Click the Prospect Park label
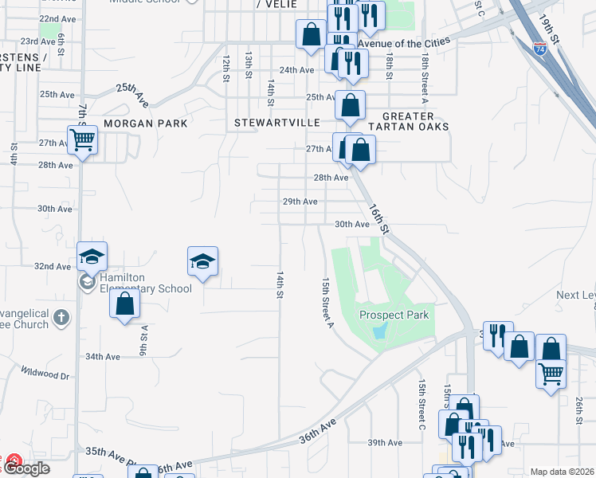(394, 315)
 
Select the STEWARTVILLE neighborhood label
(276, 123)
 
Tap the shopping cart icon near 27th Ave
(82, 140)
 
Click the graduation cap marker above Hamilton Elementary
(92, 257)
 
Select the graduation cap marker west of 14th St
(202, 261)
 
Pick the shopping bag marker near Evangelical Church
(125, 304)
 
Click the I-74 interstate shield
(541, 48)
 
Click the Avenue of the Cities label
(403, 41)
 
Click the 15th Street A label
(327, 302)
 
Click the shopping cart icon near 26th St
(551, 372)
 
